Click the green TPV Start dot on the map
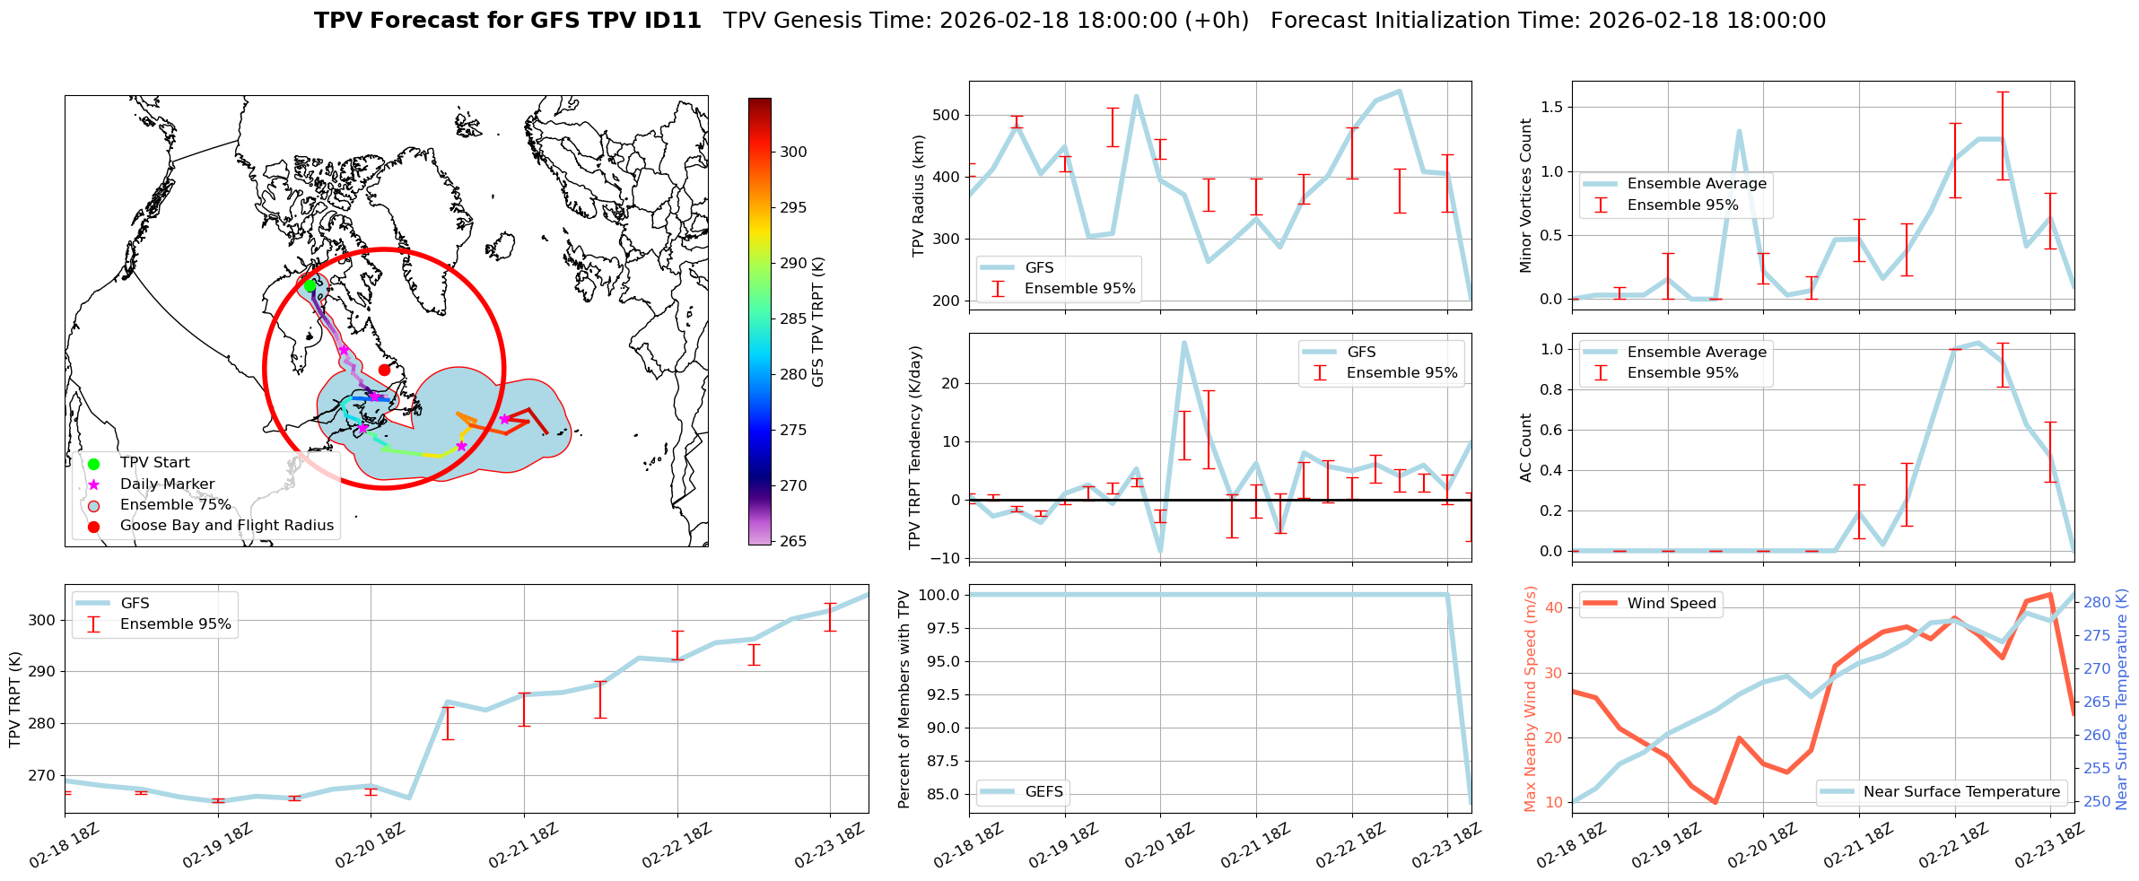coord(310,285)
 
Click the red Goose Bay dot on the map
coord(384,370)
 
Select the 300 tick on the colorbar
coord(793,153)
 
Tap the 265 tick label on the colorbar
coord(793,541)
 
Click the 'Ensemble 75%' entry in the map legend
coord(175,505)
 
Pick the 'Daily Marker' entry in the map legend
coord(167,484)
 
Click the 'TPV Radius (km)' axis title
coord(918,196)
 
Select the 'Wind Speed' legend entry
coord(1672,604)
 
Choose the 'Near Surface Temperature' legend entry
coord(1961,792)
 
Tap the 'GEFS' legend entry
coord(1043,792)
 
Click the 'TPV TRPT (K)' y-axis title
coord(15,699)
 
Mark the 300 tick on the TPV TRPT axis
coord(43,621)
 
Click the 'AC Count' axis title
coord(1526,448)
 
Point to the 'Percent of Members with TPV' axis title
coord(904,699)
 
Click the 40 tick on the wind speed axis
coord(1554,608)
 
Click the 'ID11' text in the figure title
coord(670,21)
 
